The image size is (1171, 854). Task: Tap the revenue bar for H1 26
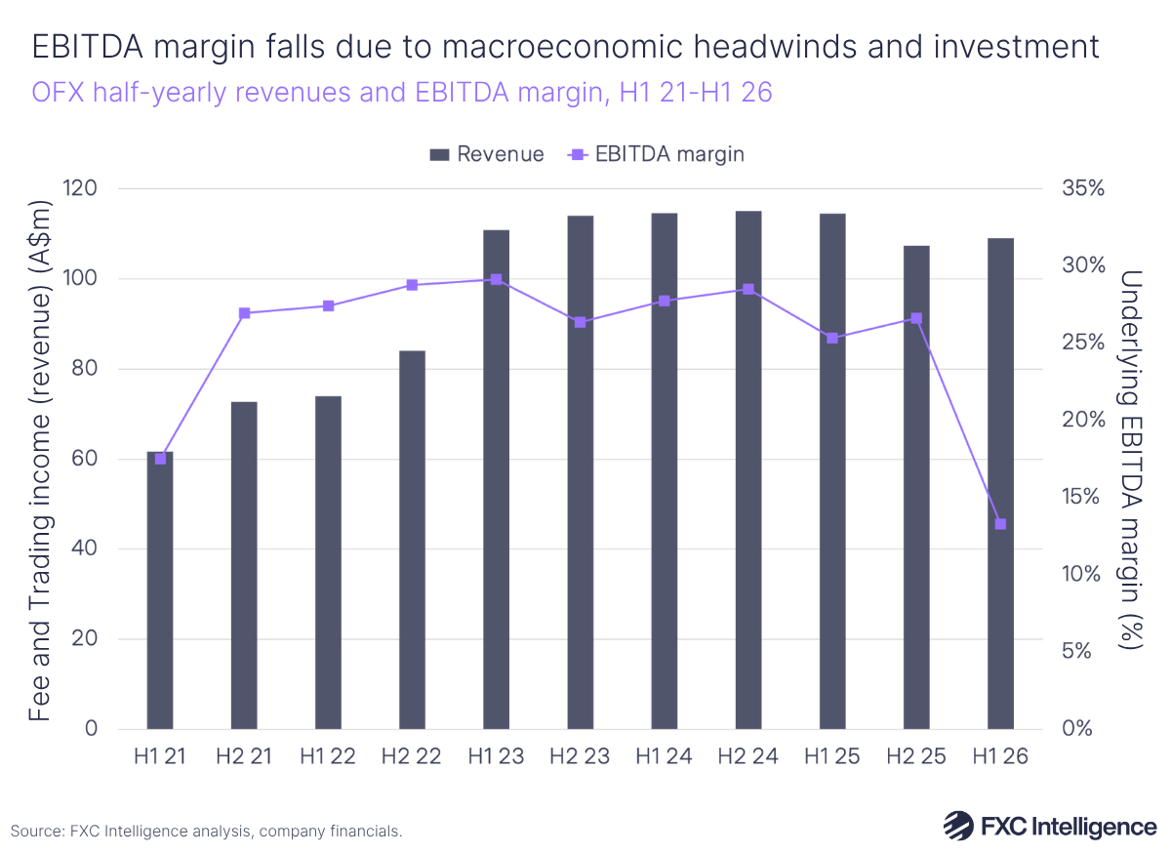(1000, 483)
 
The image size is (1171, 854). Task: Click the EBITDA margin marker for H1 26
(1000, 524)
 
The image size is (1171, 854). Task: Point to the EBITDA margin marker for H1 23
(496, 279)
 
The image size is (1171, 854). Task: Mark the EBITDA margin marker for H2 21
(244, 313)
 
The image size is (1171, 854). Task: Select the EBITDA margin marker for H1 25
(832, 338)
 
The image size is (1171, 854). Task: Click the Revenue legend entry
(487, 154)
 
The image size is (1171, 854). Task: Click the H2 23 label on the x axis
(580, 757)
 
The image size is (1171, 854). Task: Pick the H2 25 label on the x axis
(916, 757)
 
